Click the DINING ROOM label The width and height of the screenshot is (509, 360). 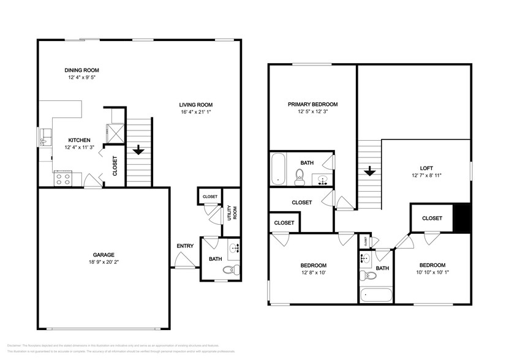pos(82,70)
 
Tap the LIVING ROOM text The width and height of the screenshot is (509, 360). pos(196,104)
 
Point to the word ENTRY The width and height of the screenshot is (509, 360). pos(185,246)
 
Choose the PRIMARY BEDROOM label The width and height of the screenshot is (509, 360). pos(313,105)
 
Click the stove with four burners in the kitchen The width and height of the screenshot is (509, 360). pos(64,179)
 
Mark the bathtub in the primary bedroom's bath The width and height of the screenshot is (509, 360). pos(279,168)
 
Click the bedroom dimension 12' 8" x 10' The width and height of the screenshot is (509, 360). pos(312,273)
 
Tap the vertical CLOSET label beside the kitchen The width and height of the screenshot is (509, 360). pos(115,166)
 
